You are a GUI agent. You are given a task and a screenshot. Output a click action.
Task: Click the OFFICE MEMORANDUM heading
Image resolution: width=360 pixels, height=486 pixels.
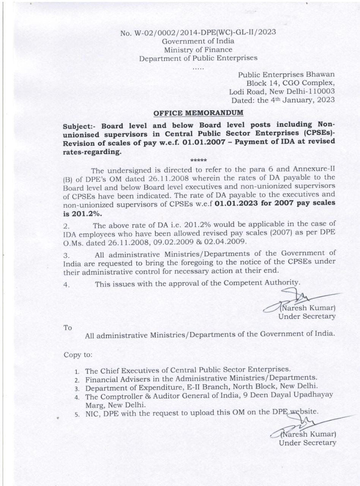point(198,113)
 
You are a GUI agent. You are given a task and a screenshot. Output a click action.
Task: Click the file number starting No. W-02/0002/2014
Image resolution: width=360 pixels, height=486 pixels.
point(198,32)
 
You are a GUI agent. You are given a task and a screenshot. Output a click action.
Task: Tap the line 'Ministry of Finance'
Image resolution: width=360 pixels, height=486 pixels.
point(198,49)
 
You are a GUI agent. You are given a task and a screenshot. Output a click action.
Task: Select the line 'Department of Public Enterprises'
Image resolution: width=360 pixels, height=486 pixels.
point(198,58)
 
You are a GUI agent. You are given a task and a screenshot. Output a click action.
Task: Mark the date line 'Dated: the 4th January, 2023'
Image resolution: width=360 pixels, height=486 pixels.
point(283,100)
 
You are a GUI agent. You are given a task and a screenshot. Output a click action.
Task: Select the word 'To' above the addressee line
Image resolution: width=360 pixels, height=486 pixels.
point(68,328)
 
